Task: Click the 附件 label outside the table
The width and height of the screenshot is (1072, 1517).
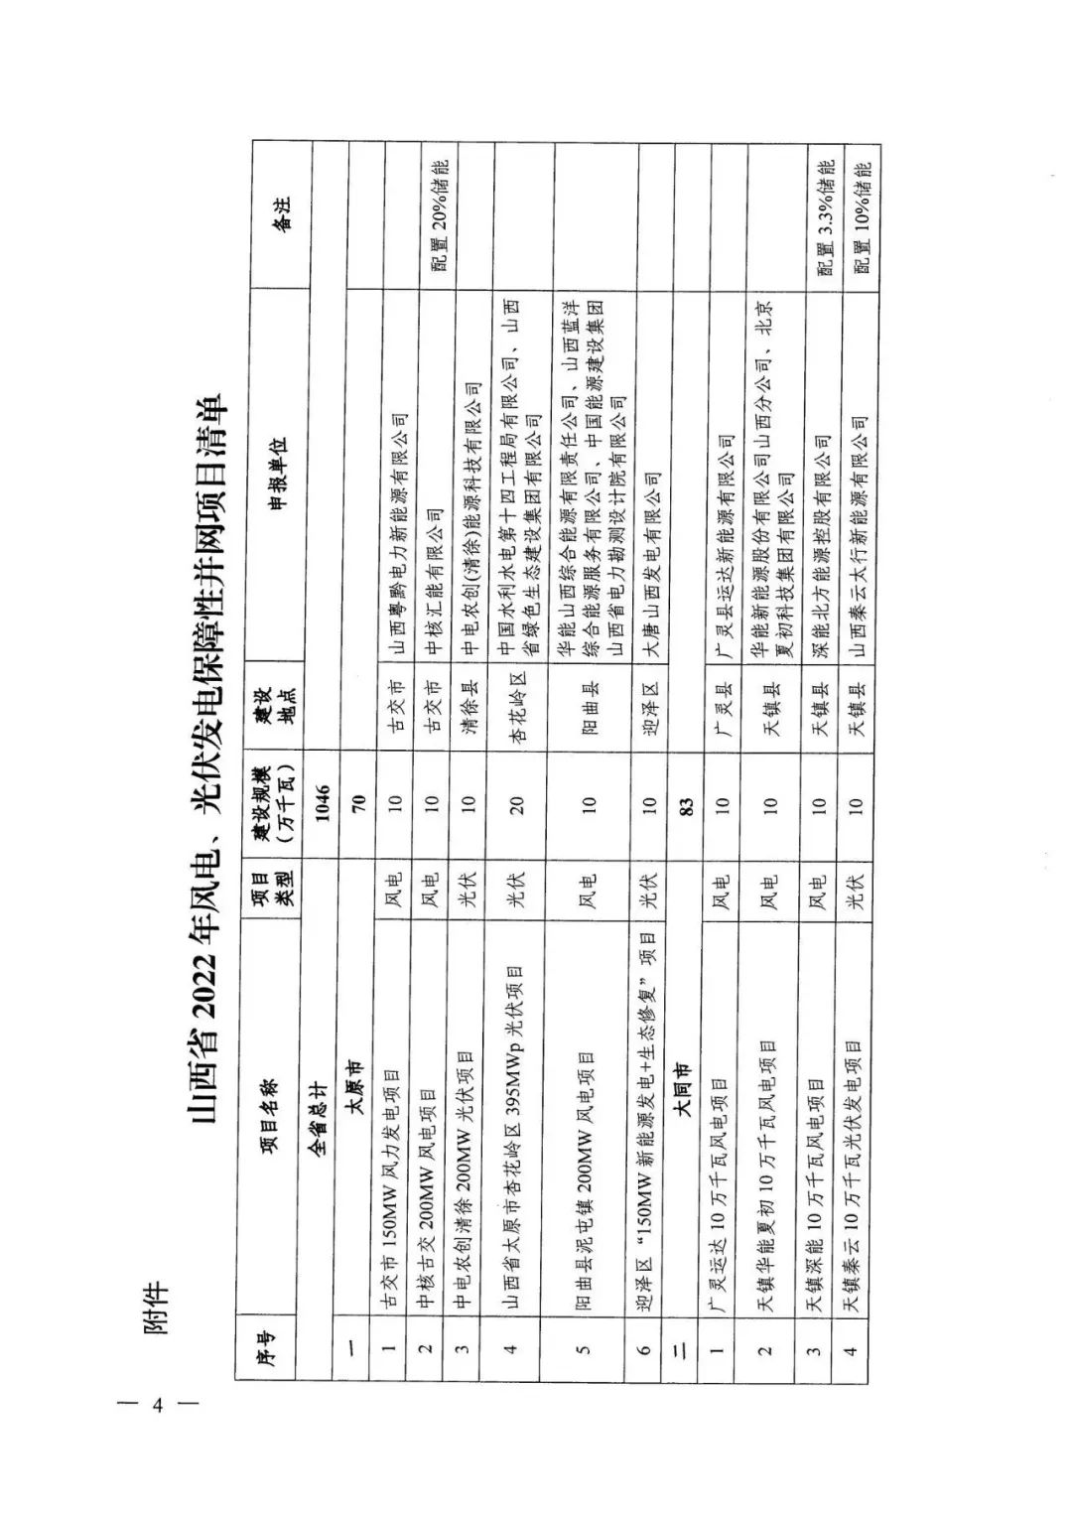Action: pyautogui.click(x=156, y=1310)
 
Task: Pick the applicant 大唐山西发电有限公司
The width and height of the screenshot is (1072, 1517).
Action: pyautogui.click(x=651, y=562)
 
